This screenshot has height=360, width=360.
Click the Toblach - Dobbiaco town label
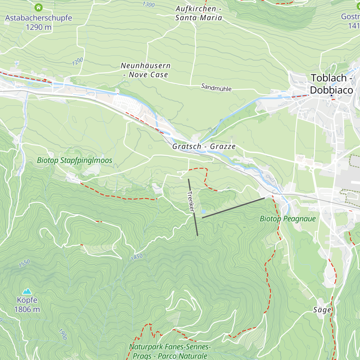coord(331,84)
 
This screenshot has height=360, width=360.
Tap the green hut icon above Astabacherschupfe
coord(38,7)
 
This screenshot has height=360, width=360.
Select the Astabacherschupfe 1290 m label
coord(38,22)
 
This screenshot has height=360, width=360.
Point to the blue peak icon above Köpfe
coord(27,291)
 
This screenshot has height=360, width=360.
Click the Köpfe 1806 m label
coord(27,304)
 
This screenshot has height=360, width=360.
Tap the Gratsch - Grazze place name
coord(204,146)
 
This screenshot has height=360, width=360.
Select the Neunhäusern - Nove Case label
coord(145,70)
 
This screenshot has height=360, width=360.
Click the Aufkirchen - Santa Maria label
coord(199,13)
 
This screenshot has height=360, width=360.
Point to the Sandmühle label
coord(216,88)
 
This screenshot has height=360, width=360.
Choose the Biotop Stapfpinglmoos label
coord(74,160)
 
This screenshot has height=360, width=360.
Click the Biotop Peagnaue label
coord(288,219)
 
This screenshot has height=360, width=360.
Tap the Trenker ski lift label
coord(191,201)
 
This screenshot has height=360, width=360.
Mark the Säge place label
coord(322,310)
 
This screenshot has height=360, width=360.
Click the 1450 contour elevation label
coord(136,257)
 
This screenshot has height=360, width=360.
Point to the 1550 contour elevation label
coord(24,263)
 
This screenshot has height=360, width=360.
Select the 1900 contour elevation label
coord(62,334)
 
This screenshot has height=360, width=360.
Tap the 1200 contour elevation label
coord(77,61)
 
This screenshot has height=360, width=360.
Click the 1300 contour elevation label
coord(148,4)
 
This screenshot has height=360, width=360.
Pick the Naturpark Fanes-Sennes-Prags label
coord(170,351)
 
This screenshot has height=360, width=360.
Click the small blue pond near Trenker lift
coord(203,211)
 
